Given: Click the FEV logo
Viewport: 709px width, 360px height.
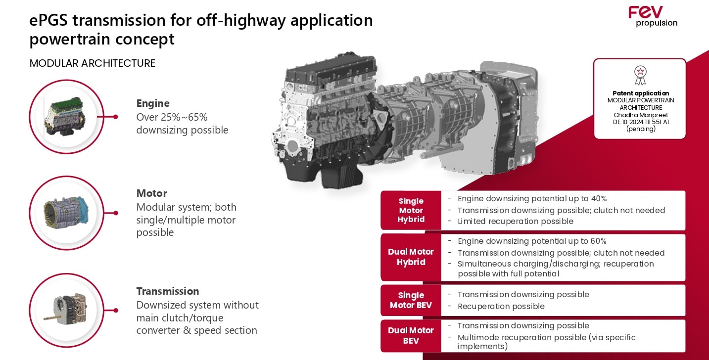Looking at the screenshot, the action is pyautogui.click(x=653, y=16).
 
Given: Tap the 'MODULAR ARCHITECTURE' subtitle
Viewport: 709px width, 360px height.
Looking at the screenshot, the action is pyautogui.click(x=93, y=63).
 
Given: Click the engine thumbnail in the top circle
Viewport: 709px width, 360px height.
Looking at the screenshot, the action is pyautogui.click(x=65, y=116).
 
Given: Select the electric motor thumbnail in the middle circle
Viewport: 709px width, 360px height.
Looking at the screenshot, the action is pyautogui.click(x=66, y=213).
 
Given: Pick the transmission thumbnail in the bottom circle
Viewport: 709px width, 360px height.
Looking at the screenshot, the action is pyautogui.click(x=65, y=310).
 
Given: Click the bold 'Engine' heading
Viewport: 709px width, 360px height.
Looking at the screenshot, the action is pyautogui.click(x=153, y=103).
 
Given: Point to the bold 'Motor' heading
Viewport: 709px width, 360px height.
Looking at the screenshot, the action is pyautogui.click(x=151, y=193).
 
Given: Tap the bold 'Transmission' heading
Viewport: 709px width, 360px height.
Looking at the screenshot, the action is pyautogui.click(x=168, y=291).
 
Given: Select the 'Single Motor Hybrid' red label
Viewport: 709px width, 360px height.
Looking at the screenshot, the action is pyautogui.click(x=411, y=210).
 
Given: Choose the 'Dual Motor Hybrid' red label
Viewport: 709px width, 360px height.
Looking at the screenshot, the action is pyautogui.click(x=411, y=257).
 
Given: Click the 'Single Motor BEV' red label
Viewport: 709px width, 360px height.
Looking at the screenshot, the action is pyautogui.click(x=411, y=300).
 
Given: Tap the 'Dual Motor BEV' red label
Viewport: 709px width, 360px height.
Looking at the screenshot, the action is pyautogui.click(x=411, y=336).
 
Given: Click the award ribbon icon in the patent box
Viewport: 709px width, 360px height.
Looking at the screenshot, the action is pyautogui.click(x=640, y=76).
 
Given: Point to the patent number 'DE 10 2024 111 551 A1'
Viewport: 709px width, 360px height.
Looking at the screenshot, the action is pyautogui.click(x=641, y=122).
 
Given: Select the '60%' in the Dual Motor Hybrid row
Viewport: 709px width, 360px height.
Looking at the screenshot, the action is pyautogui.click(x=599, y=241).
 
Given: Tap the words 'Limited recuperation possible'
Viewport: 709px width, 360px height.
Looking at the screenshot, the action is pyautogui.click(x=515, y=222).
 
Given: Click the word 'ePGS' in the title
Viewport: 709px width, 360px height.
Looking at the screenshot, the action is pyautogui.click(x=48, y=21).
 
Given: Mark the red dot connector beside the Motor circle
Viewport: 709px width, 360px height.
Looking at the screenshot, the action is pyautogui.click(x=116, y=213).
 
